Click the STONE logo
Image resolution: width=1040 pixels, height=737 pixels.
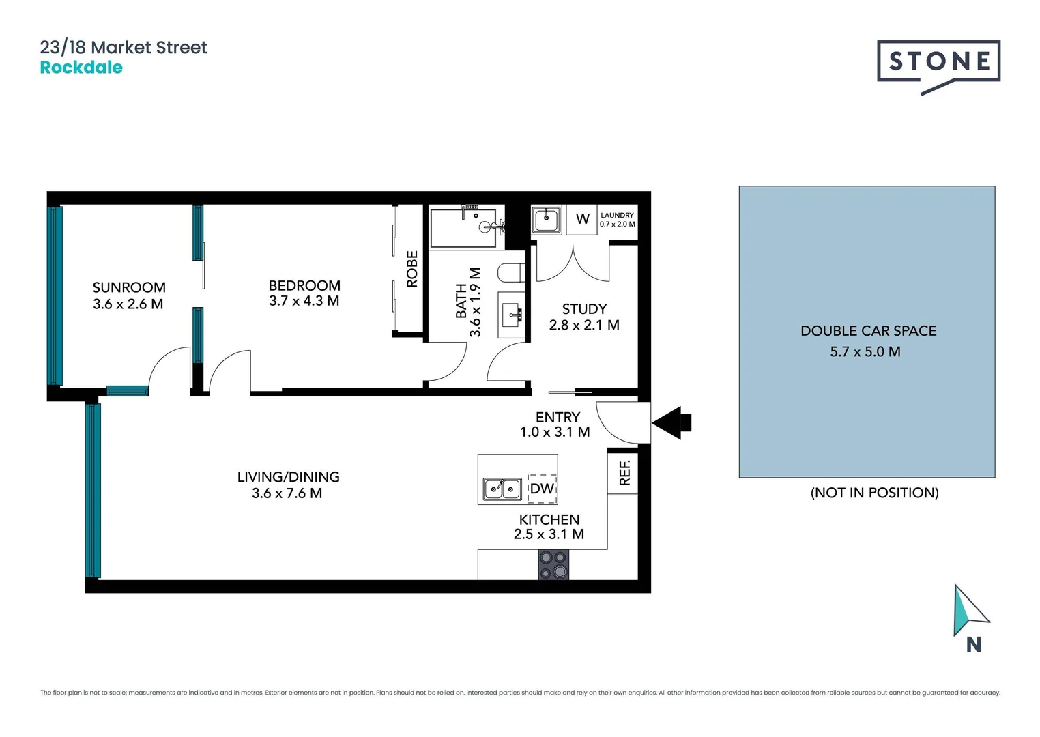(x=938, y=63)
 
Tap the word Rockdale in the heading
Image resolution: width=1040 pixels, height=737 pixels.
(x=81, y=68)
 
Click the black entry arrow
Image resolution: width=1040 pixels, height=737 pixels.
(x=672, y=422)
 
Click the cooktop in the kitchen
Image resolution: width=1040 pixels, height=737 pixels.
(x=553, y=565)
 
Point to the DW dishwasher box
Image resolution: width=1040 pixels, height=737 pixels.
(x=543, y=489)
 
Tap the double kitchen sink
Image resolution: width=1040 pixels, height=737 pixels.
(x=502, y=489)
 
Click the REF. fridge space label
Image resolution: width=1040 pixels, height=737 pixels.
(x=624, y=472)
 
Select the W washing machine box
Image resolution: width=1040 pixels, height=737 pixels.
(x=582, y=219)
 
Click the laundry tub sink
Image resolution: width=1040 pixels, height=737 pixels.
(x=547, y=220)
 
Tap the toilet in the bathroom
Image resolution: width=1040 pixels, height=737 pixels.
(x=511, y=273)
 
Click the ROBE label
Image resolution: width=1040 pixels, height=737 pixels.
(x=412, y=269)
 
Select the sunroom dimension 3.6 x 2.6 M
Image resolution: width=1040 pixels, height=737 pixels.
(x=128, y=304)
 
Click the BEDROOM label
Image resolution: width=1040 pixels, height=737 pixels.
(x=304, y=285)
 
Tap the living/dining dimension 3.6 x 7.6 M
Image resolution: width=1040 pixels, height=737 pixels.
(x=287, y=493)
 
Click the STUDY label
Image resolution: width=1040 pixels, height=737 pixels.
(x=584, y=309)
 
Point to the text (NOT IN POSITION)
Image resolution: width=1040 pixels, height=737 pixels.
(x=874, y=493)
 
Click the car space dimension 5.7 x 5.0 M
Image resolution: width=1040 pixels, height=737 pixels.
(x=865, y=351)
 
